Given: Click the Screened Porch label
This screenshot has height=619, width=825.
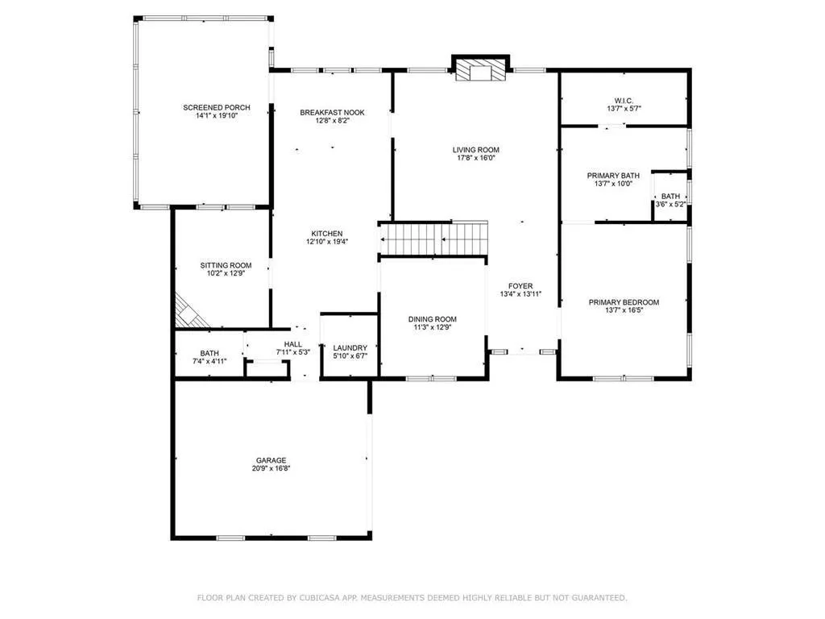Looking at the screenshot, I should tap(216, 107).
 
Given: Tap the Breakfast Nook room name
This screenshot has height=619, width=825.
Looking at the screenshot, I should tap(332, 112).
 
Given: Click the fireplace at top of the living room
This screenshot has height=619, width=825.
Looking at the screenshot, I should tap(481, 70).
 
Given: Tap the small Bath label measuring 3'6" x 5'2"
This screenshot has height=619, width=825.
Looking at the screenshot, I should tap(670, 196).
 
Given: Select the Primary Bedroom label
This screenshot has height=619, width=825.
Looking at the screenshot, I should tap(624, 302).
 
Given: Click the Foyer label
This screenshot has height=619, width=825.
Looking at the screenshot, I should tap(520, 285).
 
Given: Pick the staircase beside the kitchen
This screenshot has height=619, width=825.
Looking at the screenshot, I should tap(433, 238).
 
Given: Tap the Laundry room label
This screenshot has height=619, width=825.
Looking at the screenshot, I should tap(350, 347).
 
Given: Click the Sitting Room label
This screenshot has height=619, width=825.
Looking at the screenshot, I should tap(226, 265).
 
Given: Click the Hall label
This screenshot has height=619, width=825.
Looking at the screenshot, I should tap(292, 343).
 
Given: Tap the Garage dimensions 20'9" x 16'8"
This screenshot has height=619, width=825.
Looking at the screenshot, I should tap(272, 468).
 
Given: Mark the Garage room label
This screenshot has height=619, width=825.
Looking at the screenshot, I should tap(272, 460).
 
